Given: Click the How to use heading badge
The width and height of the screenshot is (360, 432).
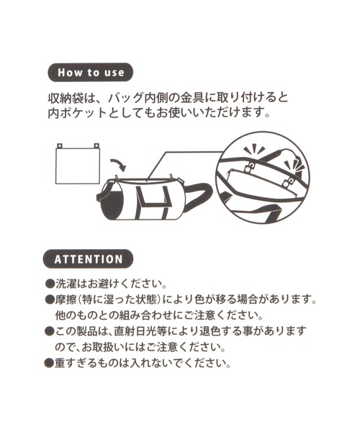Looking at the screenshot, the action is click(x=90, y=72).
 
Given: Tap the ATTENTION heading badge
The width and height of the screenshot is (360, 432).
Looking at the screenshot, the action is click(x=88, y=259).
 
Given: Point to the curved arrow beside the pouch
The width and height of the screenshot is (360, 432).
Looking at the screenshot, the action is click(x=118, y=164).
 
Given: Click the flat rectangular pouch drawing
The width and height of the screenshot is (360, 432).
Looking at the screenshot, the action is click(x=77, y=166).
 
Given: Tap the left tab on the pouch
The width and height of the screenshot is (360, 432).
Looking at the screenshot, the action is click(x=60, y=145).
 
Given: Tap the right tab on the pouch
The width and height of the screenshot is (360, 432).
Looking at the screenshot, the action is click(x=96, y=145).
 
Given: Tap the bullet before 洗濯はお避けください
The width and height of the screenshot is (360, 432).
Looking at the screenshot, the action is click(x=50, y=283).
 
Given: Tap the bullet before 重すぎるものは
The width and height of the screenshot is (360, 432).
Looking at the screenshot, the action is click(x=50, y=363).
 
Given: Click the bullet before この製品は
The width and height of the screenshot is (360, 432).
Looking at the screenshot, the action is click(x=50, y=331).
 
